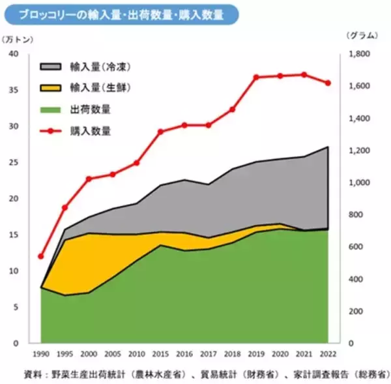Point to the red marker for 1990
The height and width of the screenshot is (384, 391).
point(41,256)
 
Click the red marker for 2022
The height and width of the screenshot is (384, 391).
point(328,83)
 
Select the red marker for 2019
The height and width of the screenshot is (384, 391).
point(256,77)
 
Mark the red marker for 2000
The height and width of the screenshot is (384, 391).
point(89,179)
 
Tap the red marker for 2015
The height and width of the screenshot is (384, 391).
point(161,132)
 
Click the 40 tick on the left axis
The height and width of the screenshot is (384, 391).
point(14,53)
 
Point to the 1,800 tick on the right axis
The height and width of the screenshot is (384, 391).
point(361,54)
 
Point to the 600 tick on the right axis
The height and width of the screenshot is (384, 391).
point(356,246)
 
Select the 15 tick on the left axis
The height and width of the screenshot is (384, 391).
point(14,234)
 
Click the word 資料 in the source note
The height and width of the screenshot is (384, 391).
point(31,374)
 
